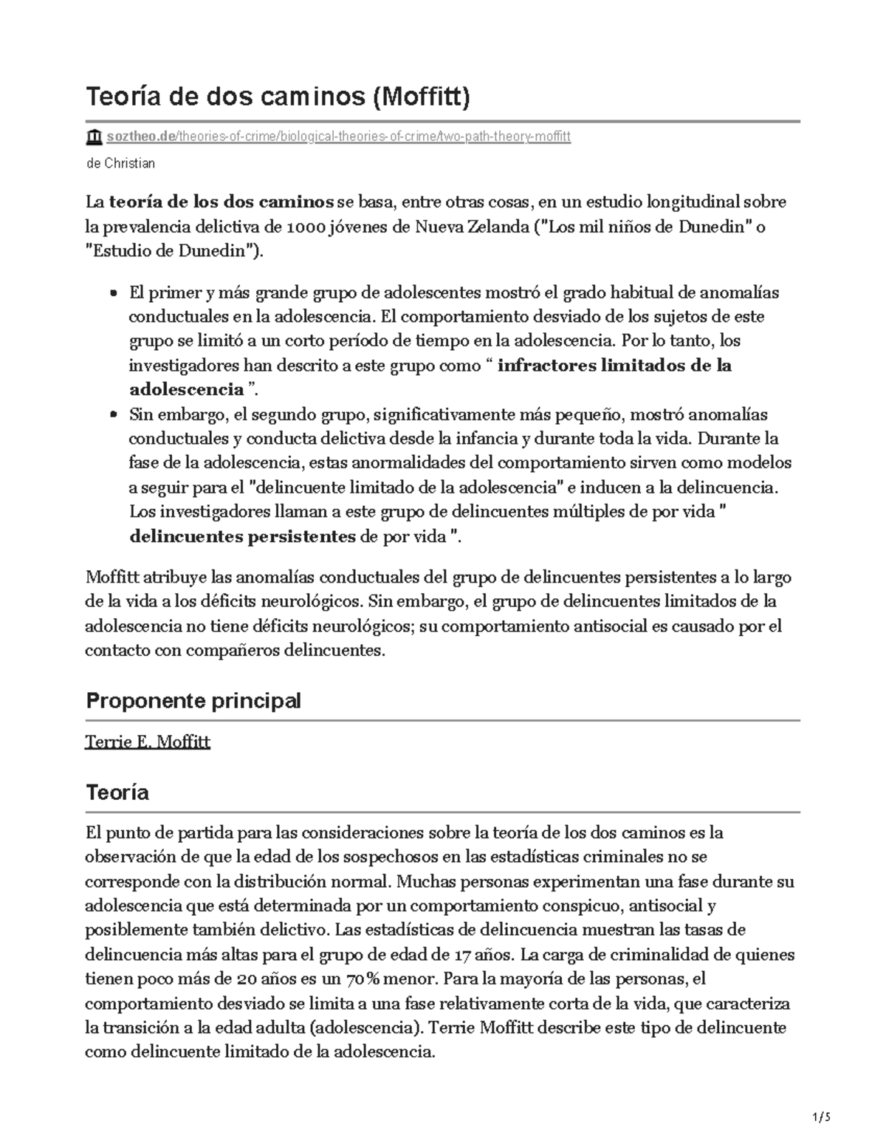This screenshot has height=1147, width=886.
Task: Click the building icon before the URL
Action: click(94, 137)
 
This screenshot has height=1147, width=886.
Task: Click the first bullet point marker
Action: click(114, 293)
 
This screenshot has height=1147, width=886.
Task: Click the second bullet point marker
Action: click(114, 415)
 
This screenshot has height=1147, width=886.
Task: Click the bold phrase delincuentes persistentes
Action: click(243, 537)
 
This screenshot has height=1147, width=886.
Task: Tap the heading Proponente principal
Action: click(193, 701)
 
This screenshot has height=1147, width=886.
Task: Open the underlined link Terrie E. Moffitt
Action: click(148, 742)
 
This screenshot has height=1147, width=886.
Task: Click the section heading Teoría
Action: click(117, 793)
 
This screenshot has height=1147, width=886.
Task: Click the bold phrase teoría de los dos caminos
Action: click(221, 202)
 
